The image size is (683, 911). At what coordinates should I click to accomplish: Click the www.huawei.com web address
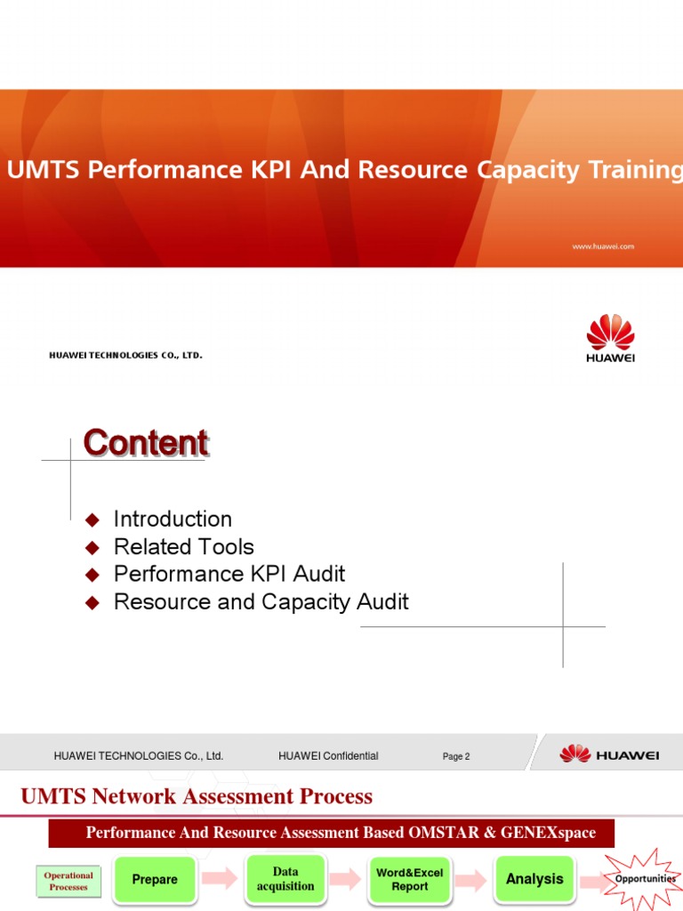tap(603, 246)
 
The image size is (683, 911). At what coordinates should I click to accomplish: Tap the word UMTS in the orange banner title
tap(36, 170)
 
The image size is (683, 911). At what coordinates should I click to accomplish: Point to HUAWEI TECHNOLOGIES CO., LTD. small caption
tap(125, 356)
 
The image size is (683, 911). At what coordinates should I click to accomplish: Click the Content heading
tap(146, 443)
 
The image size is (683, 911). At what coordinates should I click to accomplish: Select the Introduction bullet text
tap(173, 519)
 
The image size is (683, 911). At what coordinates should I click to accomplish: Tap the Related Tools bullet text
tap(184, 547)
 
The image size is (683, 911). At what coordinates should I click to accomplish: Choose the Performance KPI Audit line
tap(229, 575)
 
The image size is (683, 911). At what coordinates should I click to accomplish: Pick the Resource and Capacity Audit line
tap(261, 602)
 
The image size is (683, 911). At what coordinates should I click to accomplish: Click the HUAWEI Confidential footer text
tap(328, 756)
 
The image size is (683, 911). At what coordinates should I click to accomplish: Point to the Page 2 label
tap(456, 757)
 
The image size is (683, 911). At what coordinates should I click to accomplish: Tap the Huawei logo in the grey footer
tap(609, 755)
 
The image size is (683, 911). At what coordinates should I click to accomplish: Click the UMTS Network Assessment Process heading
tap(197, 796)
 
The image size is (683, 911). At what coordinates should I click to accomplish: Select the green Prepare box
tap(155, 879)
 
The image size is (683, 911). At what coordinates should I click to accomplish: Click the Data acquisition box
tap(285, 879)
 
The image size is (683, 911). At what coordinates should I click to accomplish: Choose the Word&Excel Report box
tap(410, 879)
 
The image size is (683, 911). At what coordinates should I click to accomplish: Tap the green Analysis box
tap(534, 879)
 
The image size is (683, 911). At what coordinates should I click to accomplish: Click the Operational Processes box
tap(68, 881)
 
